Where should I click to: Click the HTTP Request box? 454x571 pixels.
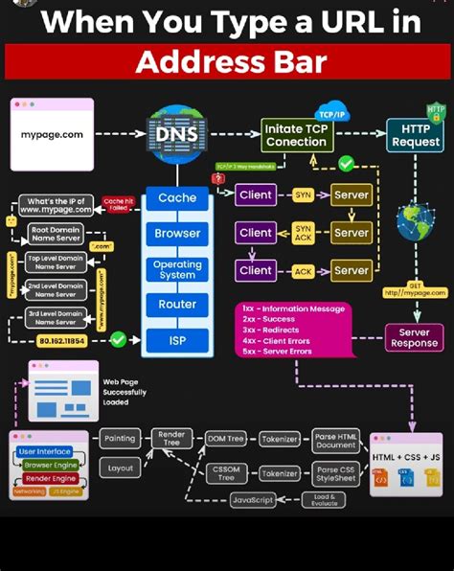[x=415, y=135]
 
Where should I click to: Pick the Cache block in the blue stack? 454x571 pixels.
[x=176, y=198]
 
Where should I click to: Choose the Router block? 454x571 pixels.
[x=176, y=304]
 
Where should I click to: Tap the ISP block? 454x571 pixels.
[x=176, y=339]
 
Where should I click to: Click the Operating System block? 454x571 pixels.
[x=176, y=269]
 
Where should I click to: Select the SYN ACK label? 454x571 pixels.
[x=303, y=233]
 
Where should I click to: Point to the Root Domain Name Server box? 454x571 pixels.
[x=56, y=233]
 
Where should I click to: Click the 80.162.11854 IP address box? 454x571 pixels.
[x=61, y=340]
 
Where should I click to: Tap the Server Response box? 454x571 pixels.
[x=414, y=337]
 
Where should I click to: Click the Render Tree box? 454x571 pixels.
[x=170, y=439]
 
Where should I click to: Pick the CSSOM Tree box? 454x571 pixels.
[x=226, y=472]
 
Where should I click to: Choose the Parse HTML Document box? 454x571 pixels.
[x=335, y=440]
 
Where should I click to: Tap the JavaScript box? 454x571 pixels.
[x=253, y=500]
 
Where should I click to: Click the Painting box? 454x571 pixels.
[x=120, y=438]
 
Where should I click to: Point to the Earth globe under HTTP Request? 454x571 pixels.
[x=416, y=222]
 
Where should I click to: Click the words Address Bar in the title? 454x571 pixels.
[x=230, y=62]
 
